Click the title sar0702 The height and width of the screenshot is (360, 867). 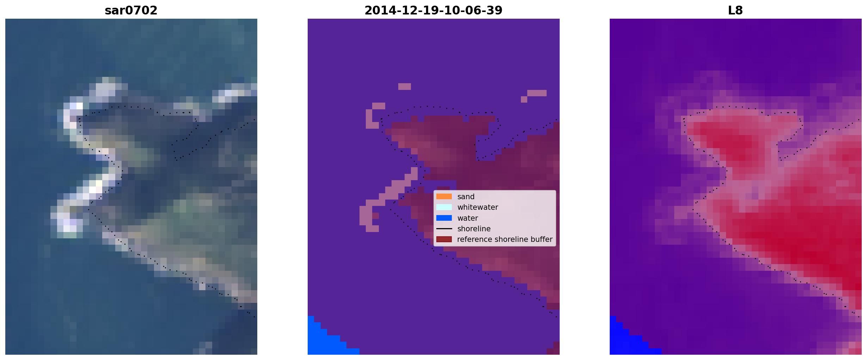[x=131, y=11]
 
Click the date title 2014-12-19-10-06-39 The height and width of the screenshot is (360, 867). [x=433, y=11]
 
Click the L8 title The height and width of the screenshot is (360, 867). [x=735, y=11]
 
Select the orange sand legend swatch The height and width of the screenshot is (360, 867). [x=444, y=196]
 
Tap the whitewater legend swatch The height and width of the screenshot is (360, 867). [x=444, y=207]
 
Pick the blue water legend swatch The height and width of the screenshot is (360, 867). [x=444, y=218]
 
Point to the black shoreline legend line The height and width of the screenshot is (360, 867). [x=444, y=228]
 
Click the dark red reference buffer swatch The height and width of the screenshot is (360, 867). [x=444, y=239]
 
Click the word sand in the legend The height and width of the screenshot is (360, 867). [x=466, y=197]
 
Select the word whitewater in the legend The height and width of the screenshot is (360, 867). [x=478, y=207]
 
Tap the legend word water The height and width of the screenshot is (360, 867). [x=468, y=218]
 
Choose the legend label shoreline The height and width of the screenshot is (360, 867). [x=474, y=229]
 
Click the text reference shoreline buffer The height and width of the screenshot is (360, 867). [x=505, y=239]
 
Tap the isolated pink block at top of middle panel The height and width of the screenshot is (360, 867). [x=405, y=86]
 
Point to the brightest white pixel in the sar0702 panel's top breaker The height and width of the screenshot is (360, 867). [x=80, y=106]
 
